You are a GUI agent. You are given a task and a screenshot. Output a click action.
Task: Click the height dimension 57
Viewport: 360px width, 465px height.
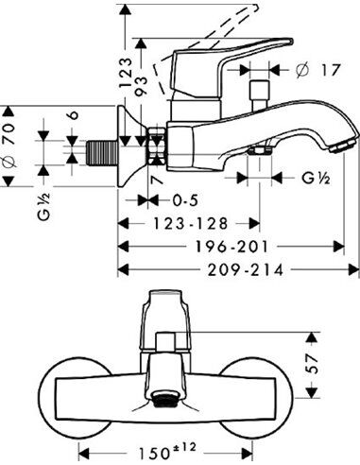click(327, 365)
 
